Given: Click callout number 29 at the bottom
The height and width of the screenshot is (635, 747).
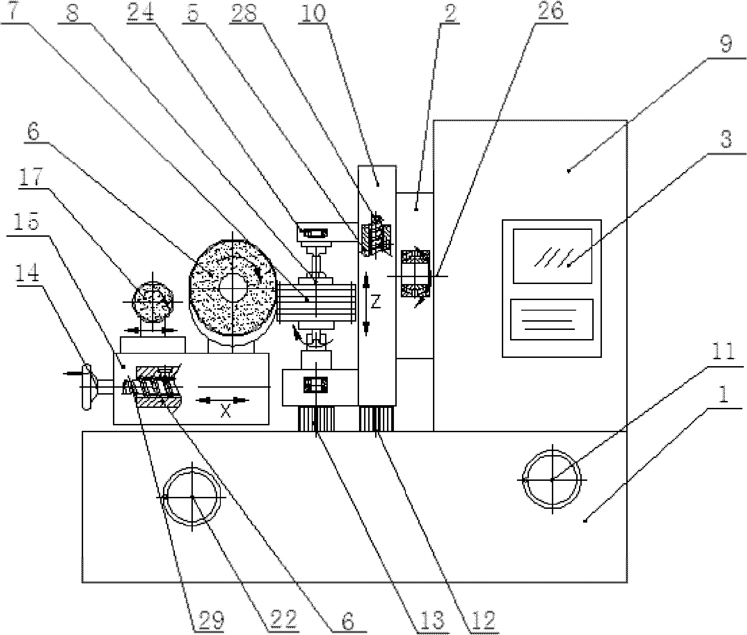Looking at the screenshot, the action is (209, 620).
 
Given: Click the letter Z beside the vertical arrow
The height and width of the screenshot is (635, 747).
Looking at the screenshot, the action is (376, 302).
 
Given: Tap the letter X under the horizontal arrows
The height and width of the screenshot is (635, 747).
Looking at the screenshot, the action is (225, 412).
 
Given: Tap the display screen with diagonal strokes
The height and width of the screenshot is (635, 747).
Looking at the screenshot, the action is (552, 256).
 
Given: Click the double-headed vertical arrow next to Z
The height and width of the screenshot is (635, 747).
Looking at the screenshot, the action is (366, 302).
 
